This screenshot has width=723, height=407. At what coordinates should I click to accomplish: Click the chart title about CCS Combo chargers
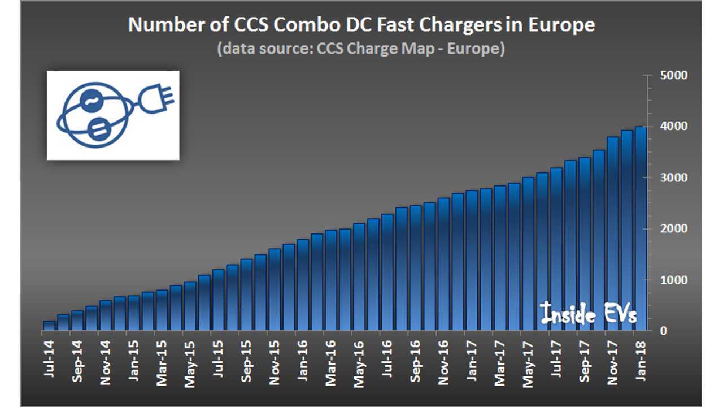(x=361, y=25)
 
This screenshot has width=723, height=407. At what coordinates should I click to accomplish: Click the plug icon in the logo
(x=155, y=102)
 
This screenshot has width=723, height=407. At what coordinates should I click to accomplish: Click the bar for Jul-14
(x=49, y=326)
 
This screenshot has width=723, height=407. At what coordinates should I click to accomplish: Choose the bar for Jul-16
(x=387, y=272)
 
